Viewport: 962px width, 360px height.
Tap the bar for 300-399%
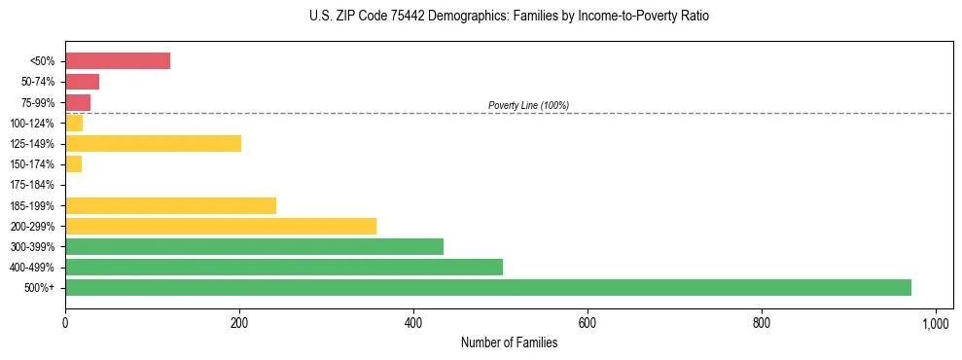tap(254, 246)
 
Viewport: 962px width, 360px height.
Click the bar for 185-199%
tap(170, 205)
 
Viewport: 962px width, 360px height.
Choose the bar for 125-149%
tap(153, 143)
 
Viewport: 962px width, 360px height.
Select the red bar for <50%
tap(118, 61)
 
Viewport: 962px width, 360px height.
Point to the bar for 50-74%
tap(82, 82)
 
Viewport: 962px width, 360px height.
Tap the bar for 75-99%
tap(78, 102)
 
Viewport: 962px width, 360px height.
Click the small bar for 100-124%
tap(74, 123)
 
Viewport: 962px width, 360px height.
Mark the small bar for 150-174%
tap(74, 163)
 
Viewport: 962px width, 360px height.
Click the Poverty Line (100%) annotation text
tap(528, 105)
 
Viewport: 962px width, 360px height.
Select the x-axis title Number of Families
tap(509, 342)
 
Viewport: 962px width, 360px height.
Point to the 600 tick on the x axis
tap(588, 322)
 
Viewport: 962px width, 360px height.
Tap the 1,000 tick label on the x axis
tap(936, 322)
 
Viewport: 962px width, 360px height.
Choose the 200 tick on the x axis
tap(239, 322)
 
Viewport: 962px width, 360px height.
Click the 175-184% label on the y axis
tap(32, 185)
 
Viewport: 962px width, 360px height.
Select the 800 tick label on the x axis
tap(762, 322)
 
